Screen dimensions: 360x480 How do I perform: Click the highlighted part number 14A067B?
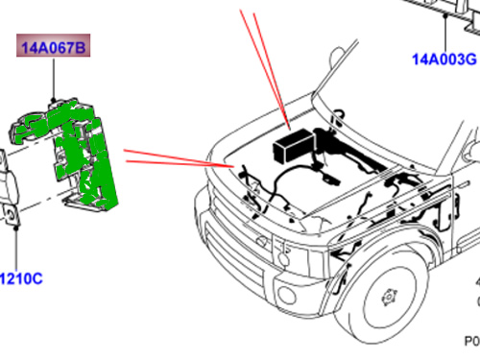pyautogui.click(x=54, y=45)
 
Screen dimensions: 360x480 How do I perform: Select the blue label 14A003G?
pyautogui.click(x=444, y=60)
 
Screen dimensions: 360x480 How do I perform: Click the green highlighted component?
pyautogui.click(x=77, y=154)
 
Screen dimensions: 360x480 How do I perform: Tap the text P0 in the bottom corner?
pyautogui.click(x=470, y=341)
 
